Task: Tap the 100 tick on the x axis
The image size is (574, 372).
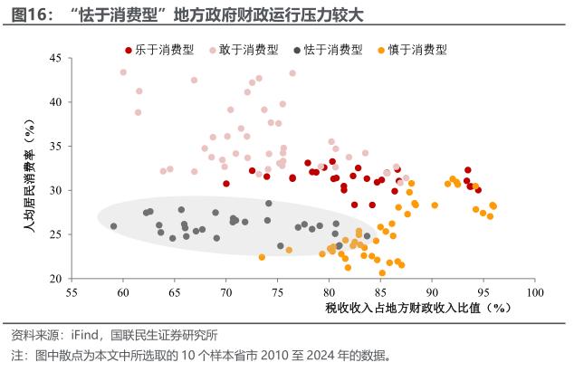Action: coord(534,292)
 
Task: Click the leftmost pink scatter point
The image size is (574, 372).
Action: coord(123,72)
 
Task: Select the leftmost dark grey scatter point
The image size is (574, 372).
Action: coord(113,226)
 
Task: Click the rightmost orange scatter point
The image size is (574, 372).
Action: coord(493,205)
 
